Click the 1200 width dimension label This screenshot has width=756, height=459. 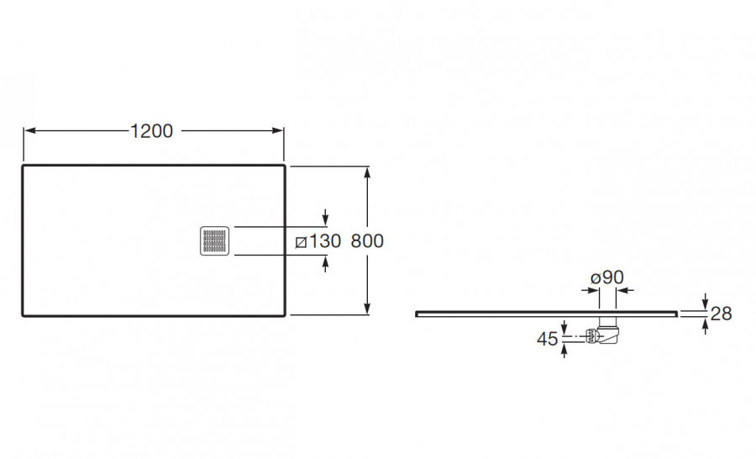tap(151, 131)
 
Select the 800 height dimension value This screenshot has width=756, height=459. tap(367, 240)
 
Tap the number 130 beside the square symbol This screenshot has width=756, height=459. tap(324, 240)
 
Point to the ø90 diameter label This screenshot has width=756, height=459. tap(607, 277)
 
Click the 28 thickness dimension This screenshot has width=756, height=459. tap(722, 314)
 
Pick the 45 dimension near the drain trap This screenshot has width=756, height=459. tap(547, 340)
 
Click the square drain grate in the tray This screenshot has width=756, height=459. tap(214, 240)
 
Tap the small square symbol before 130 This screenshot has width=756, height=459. tap(301, 242)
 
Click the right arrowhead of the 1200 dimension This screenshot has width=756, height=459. tap(278, 130)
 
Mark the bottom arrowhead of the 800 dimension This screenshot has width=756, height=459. tap(367, 308)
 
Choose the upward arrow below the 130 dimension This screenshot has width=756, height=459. tap(325, 264)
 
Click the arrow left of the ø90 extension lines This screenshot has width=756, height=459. tap(591, 290)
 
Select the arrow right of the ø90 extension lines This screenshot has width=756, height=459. tap(625, 290)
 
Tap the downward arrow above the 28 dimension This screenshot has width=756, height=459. tap(706, 301)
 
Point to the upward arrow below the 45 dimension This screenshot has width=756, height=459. tap(564, 350)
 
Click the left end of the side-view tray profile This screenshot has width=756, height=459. tap(416, 314)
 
